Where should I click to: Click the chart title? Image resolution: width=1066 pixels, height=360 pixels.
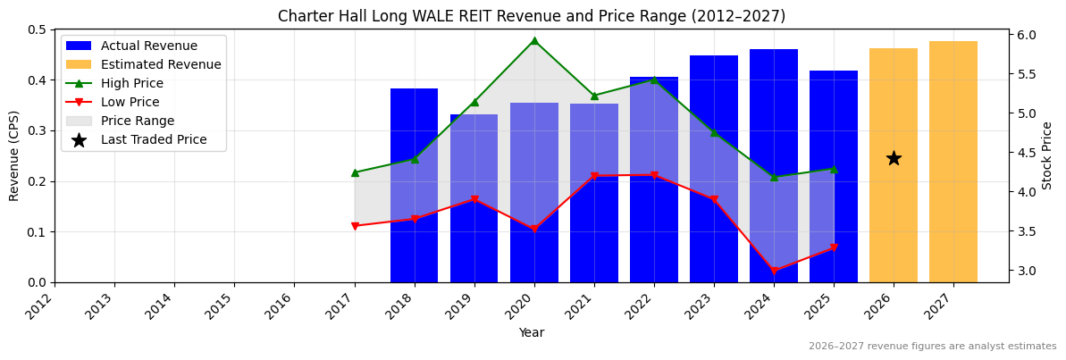tap(532, 16)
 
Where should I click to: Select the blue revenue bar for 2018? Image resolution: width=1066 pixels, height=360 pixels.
tap(414, 186)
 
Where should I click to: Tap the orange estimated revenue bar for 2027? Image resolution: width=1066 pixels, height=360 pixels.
tap(953, 162)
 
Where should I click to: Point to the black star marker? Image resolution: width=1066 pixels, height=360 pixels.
tap(893, 158)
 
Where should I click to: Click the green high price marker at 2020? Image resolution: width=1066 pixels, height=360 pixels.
tap(534, 40)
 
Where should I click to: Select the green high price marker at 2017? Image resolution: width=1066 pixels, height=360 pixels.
tap(355, 172)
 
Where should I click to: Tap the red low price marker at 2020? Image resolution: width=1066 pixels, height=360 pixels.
tap(534, 230)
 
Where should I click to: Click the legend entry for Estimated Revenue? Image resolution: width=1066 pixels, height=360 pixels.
tap(161, 64)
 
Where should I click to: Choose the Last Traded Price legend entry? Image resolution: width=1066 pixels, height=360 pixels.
tap(154, 139)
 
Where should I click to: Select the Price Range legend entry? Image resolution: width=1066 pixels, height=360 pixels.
tap(138, 121)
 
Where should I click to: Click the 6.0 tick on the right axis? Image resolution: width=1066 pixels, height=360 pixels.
tap(1026, 35)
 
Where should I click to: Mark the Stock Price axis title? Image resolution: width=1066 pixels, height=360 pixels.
tap(1047, 155)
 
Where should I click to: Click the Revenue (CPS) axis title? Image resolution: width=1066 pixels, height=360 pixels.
tap(14, 155)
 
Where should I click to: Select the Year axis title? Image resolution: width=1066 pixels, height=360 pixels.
tap(532, 332)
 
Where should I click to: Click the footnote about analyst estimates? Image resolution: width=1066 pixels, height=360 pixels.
tap(932, 347)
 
